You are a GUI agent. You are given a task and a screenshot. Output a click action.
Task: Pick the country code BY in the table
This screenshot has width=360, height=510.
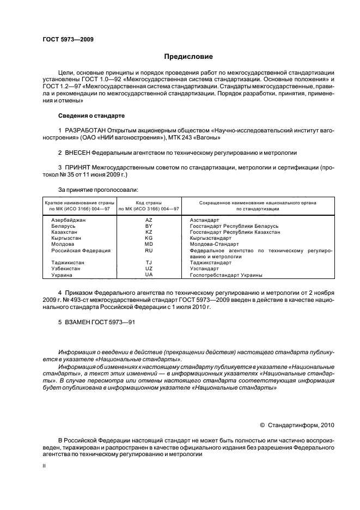tap(149, 226)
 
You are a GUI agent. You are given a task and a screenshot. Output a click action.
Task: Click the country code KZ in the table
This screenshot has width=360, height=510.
tap(149, 232)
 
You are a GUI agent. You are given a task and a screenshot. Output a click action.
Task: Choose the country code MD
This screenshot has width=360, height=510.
tap(149, 244)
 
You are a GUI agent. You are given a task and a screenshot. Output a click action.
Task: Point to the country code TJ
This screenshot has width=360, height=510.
tap(149, 263)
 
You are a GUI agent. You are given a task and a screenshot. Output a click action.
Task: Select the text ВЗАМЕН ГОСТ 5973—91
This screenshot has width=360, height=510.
tap(96, 323)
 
